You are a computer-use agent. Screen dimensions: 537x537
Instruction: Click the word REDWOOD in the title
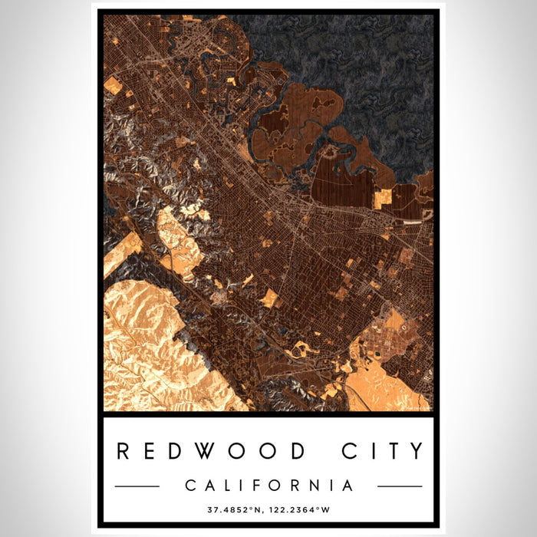tap(212, 451)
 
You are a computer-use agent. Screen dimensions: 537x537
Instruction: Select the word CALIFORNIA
tap(268, 486)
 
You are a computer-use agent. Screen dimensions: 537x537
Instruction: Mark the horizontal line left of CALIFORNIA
tap(137, 486)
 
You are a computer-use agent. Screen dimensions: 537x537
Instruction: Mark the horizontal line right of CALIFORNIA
tap(400, 486)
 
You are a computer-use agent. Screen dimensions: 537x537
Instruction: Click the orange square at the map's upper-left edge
tap(112, 85)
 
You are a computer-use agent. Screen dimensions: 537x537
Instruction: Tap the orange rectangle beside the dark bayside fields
tap(382, 198)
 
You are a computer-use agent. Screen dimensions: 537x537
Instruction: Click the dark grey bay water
tap(361, 69)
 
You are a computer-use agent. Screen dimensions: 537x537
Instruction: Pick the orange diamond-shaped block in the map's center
tap(269, 298)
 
